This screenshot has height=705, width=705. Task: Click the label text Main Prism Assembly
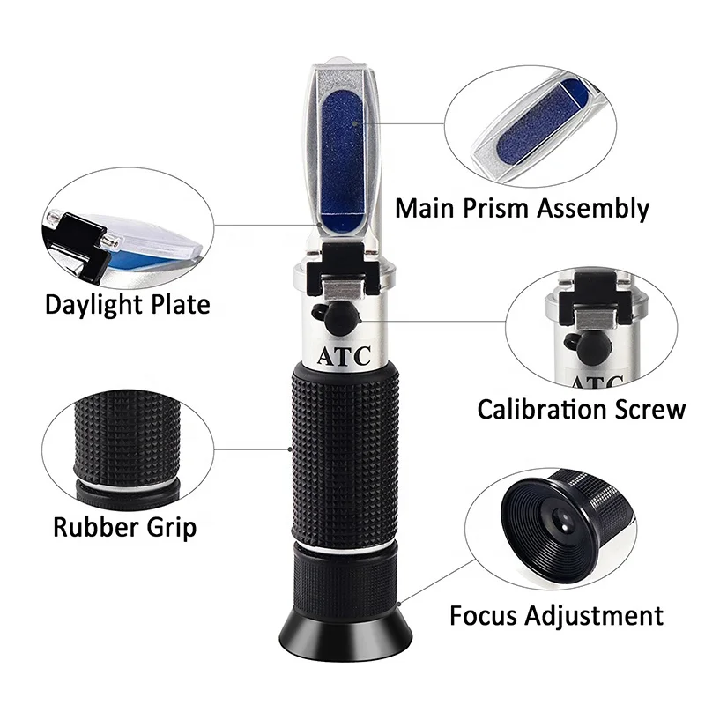point(522,209)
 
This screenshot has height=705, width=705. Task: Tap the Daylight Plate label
point(128,305)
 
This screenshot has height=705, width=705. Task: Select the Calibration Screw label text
point(581,409)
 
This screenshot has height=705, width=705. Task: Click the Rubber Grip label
point(124,527)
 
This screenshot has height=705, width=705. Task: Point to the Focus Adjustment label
point(556,614)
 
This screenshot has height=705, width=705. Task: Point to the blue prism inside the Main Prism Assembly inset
point(538,129)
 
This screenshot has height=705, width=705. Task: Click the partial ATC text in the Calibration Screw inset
point(594,381)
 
